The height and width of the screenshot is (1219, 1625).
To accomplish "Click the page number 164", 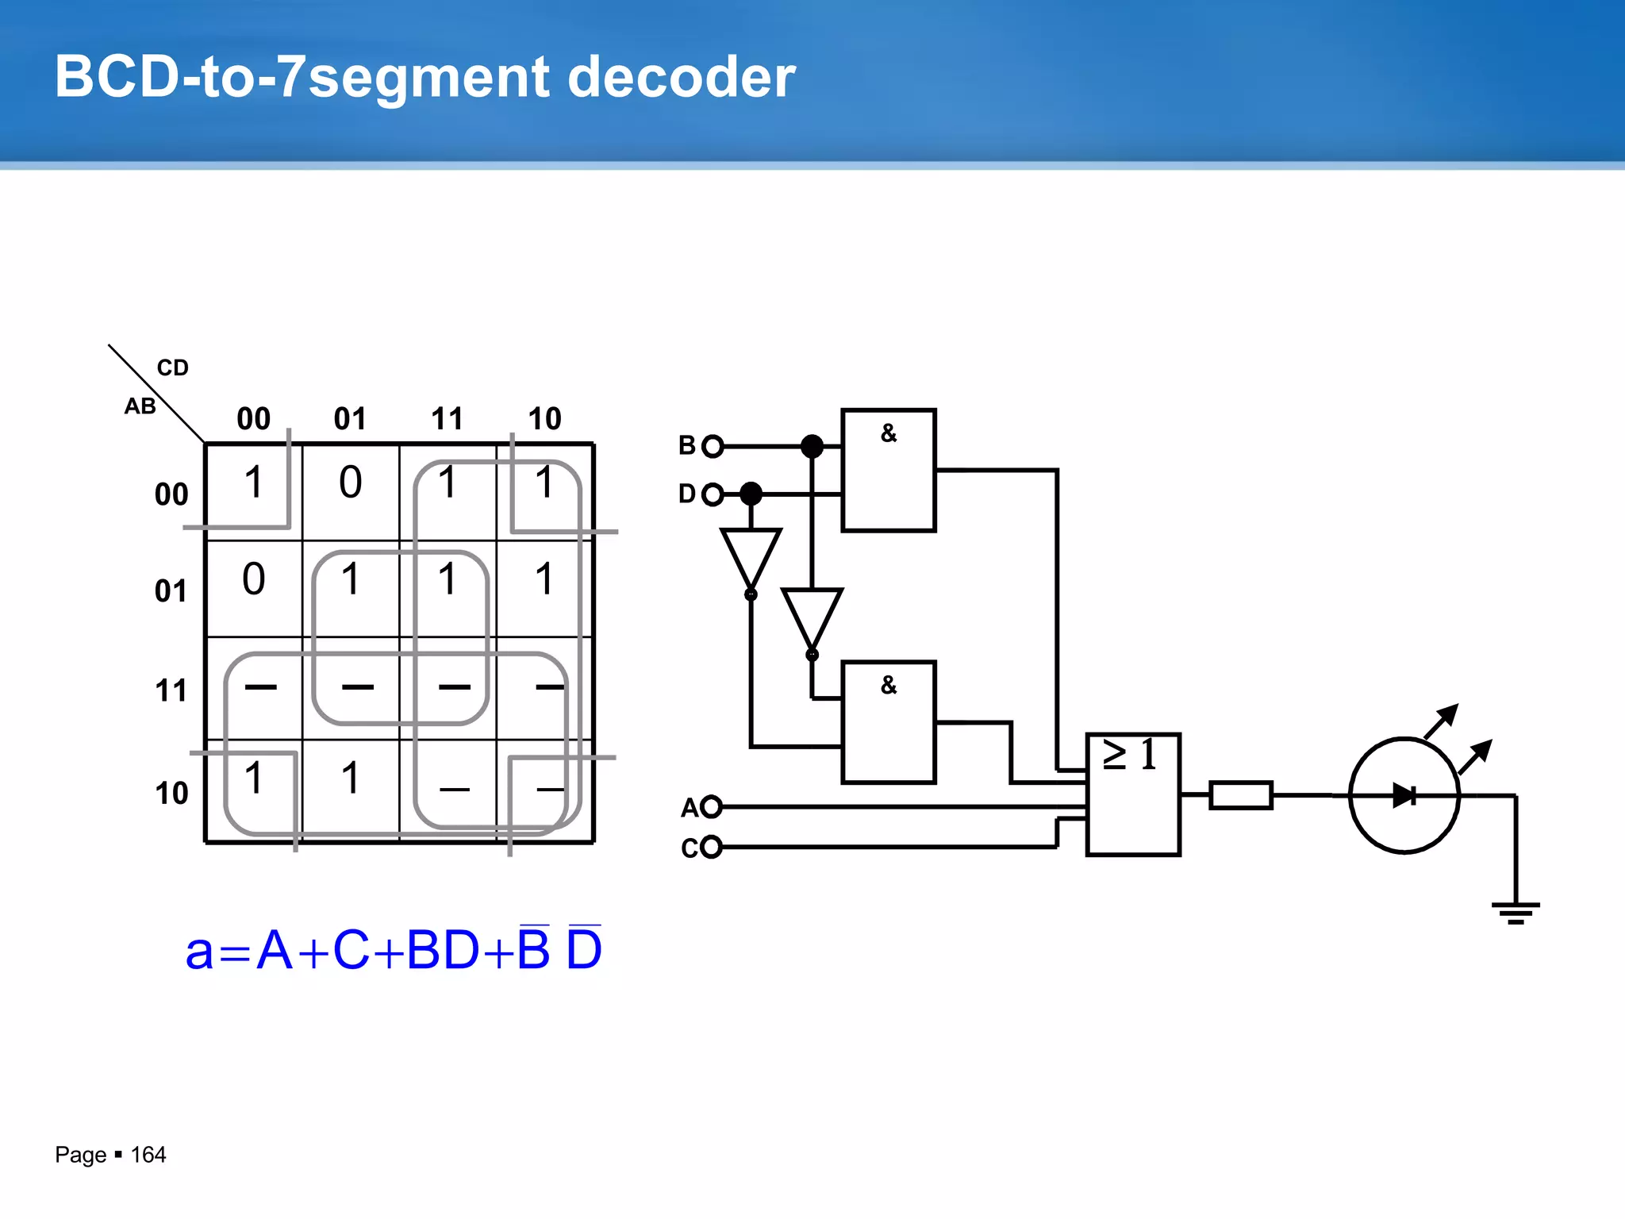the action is [148, 1155].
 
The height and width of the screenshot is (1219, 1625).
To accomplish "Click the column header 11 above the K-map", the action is [447, 419].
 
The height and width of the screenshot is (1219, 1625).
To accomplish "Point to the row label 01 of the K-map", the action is [171, 591].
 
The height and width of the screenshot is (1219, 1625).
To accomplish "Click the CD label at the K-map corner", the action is [172, 367].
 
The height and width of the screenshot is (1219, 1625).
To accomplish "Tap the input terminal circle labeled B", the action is [713, 446].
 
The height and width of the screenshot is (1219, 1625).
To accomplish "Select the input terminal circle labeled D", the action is [713, 494].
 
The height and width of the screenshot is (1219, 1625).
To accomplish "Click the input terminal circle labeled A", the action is [711, 807].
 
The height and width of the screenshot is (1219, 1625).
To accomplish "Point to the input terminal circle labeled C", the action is [711, 847].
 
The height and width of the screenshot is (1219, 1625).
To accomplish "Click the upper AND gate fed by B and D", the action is [889, 470].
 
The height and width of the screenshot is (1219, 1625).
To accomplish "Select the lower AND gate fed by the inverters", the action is [889, 722].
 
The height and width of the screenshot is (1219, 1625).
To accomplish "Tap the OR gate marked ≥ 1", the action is [1133, 794].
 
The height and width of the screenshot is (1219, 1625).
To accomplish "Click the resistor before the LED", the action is [1241, 795].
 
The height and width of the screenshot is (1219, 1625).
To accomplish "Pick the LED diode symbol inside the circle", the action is [1404, 795].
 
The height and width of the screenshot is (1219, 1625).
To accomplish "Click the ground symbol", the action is [1516, 912].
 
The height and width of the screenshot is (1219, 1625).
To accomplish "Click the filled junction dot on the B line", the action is [812, 446].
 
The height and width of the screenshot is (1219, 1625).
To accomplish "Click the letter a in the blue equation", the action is [199, 951].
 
